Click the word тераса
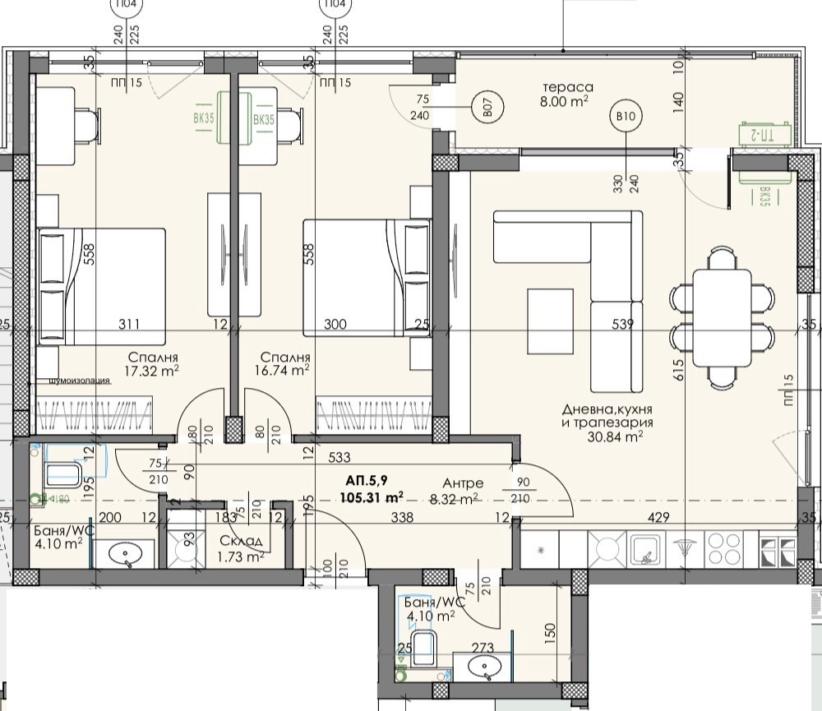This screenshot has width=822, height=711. click(567, 87)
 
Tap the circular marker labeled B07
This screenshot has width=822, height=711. click(487, 107)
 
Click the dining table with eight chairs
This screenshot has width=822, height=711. click(722, 316)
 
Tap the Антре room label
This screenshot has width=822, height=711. click(463, 483)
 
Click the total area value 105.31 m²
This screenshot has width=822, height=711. click(374, 496)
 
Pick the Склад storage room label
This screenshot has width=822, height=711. click(242, 541)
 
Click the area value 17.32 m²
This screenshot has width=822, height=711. click(153, 372)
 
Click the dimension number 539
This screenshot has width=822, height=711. click(623, 325)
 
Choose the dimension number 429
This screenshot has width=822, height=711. click(658, 517)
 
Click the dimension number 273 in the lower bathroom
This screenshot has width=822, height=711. click(483, 649)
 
